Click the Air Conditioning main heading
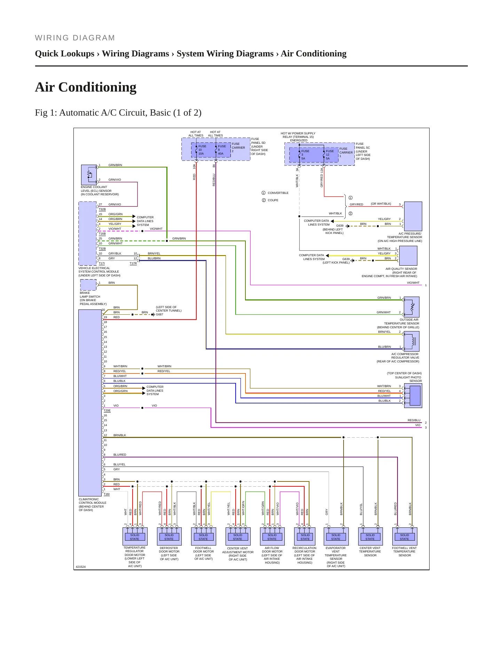(86, 87)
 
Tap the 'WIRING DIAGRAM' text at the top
(75, 38)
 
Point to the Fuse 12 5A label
(330, 155)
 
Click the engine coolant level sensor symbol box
(89, 175)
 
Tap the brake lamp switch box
(88, 285)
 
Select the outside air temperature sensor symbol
(411, 307)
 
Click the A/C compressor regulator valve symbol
(411, 341)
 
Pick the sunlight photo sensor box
(413, 395)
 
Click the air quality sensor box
(408, 256)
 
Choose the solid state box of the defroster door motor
(169, 536)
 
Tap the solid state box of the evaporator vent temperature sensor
(336, 536)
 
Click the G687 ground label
(159, 314)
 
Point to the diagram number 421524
(81, 567)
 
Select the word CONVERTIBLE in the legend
(278, 193)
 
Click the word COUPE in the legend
(273, 200)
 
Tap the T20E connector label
(107, 411)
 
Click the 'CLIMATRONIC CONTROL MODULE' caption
(93, 501)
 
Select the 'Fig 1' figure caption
(118, 113)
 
